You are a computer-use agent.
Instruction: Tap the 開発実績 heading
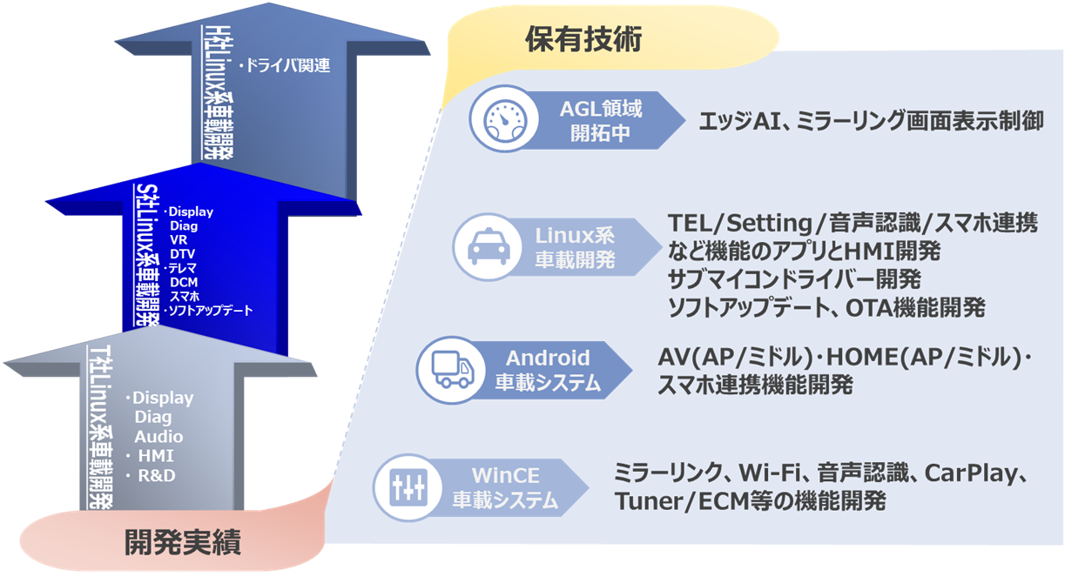tap(183, 543)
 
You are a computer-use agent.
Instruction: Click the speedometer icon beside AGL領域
tap(501, 120)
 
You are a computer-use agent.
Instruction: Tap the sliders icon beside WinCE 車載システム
tap(406, 487)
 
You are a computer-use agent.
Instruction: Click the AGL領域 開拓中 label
tap(600, 120)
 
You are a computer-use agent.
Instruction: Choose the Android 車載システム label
tap(548, 369)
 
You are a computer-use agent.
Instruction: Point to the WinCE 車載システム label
tap(505, 487)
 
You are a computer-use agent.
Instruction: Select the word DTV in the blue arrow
tap(184, 253)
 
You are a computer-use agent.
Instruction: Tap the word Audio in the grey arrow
tap(158, 436)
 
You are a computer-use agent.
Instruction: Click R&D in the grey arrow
tap(157, 475)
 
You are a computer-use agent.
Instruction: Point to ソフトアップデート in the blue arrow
tap(209, 310)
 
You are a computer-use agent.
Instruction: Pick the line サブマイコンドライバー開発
tap(794, 279)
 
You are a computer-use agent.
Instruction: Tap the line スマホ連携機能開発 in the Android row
tap(755, 385)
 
